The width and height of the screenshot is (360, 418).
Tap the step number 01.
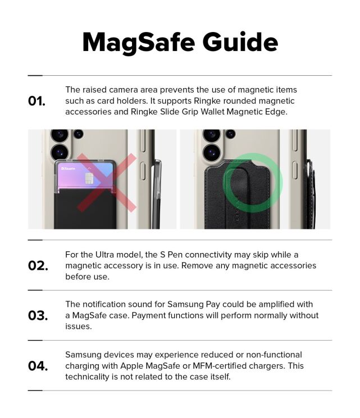click(37, 102)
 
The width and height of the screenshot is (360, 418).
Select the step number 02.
click(38, 265)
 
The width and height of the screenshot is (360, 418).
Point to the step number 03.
click(38, 316)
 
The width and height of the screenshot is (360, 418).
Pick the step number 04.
click(38, 366)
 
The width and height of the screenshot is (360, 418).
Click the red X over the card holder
click(107, 182)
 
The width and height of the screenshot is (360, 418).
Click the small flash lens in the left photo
click(78, 134)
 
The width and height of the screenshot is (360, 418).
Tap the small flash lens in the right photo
click(231, 134)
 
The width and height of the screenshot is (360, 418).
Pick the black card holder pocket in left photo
click(84, 210)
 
